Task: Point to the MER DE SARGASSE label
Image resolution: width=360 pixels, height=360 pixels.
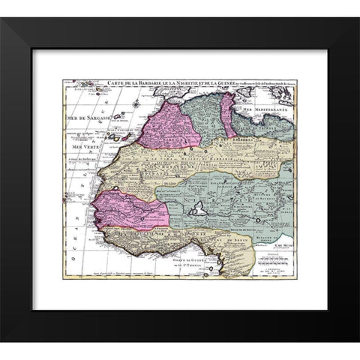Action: tap(84, 119)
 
